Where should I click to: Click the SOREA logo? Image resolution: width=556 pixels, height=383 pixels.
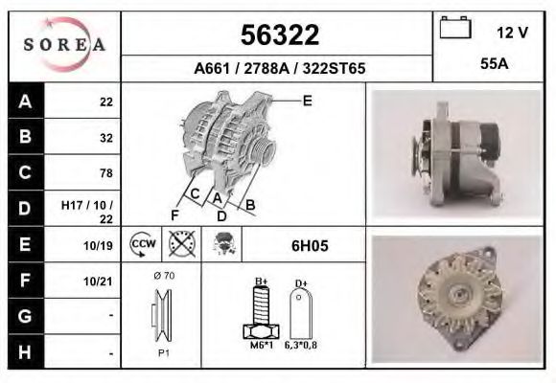point(64,45)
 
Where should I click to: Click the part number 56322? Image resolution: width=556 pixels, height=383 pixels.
point(278,36)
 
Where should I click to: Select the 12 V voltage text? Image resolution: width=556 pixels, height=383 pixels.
point(512,33)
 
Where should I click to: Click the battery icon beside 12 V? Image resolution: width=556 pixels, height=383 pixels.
point(453,29)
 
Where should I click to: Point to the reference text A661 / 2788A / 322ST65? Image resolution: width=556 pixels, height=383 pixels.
point(278,69)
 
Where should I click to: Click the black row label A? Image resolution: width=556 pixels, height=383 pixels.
point(26,101)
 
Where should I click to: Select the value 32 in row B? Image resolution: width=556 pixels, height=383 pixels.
point(105,137)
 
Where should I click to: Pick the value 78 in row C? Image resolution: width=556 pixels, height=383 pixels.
point(105,173)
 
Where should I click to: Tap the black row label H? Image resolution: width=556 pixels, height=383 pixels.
point(26,351)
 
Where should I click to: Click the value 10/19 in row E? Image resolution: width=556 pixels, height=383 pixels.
point(100,245)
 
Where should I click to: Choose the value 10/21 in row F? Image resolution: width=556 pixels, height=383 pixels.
point(100,281)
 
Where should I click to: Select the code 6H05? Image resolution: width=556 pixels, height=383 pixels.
point(309,245)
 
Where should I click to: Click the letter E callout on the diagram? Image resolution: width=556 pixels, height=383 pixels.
point(307,100)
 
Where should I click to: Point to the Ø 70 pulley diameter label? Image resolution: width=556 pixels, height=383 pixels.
point(163,276)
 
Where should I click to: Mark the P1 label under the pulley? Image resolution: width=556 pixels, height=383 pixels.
point(163,352)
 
